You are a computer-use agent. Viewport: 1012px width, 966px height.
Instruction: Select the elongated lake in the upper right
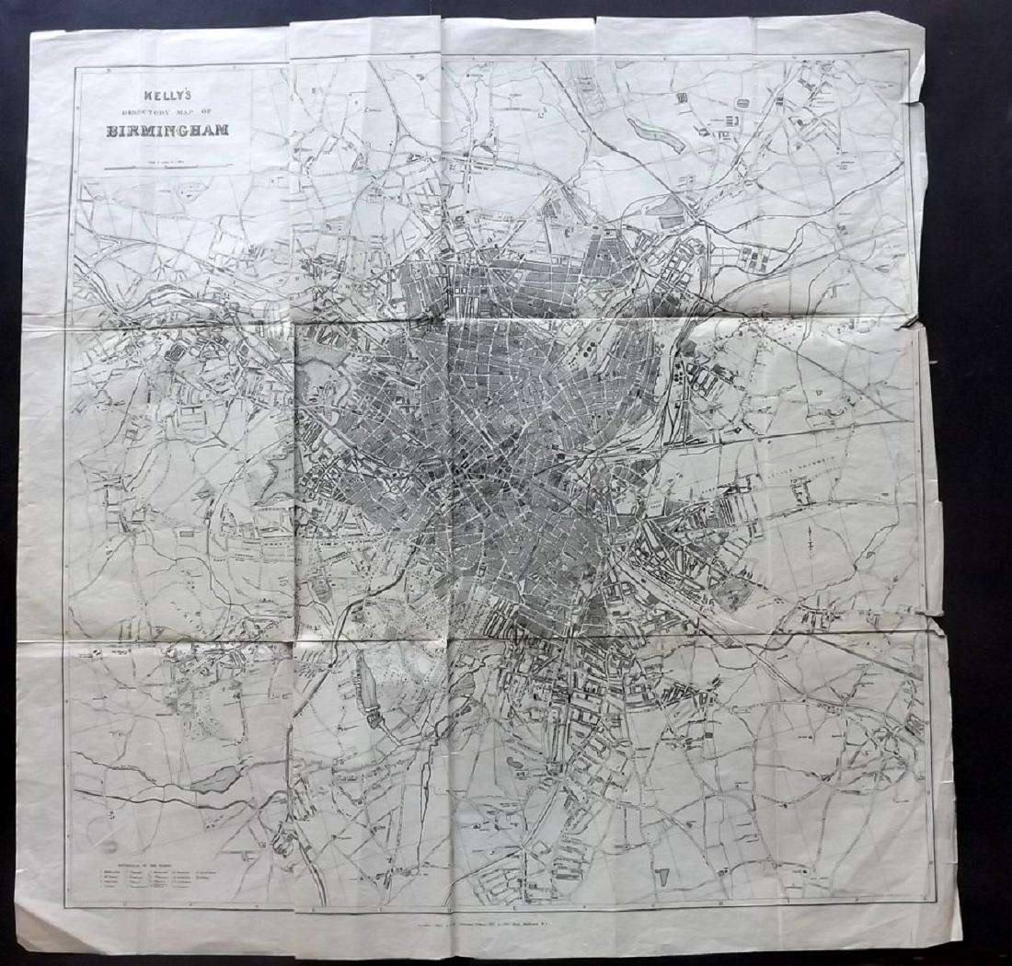(657, 132)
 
